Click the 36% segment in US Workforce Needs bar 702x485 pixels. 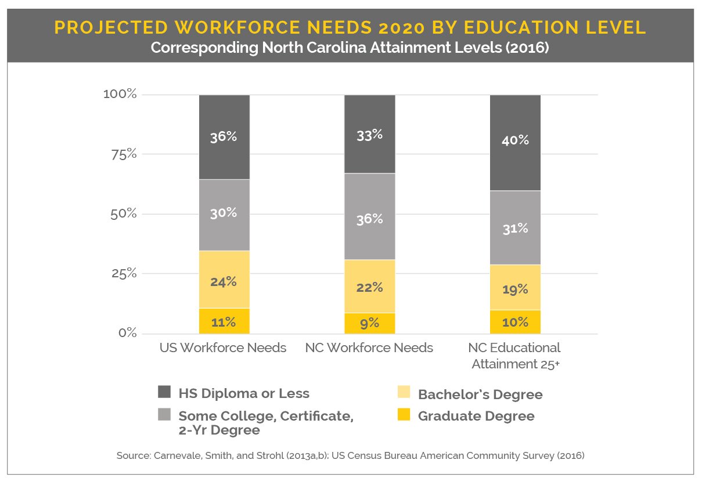click(224, 137)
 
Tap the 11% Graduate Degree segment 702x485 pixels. click(224, 321)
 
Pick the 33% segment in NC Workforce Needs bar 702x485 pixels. click(369, 134)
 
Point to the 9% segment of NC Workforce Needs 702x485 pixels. click(369, 323)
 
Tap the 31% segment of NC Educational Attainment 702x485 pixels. click(515, 228)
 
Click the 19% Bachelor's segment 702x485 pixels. click(515, 288)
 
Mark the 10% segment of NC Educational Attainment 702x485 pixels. click(515, 322)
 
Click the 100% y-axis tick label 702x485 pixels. click(120, 94)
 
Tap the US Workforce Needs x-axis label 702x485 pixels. click(223, 348)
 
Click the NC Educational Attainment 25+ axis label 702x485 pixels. click(516, 356)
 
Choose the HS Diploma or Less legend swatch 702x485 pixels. click(164, 392)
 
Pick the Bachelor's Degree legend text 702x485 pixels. click(480, 394)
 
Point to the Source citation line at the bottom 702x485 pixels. click(350, 456)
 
